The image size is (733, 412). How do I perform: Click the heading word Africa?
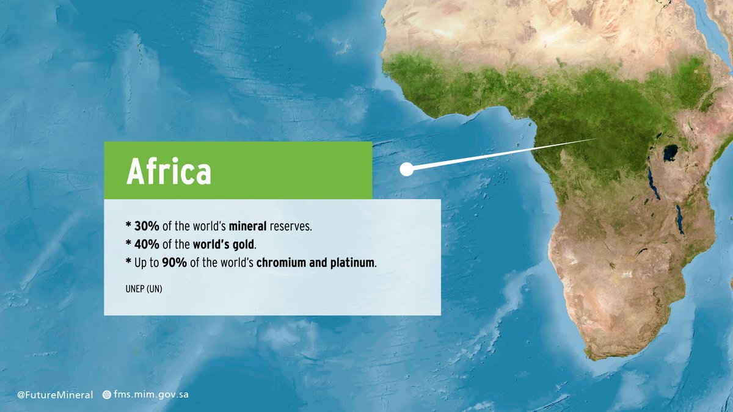coord(169,172)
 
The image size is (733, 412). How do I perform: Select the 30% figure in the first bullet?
coord(147,226)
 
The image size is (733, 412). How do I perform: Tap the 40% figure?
coord(147,245)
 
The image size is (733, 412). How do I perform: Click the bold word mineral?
coord(247,226)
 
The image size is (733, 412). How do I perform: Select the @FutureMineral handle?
coord(55,395)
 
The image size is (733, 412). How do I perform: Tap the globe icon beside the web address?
coord(107,395)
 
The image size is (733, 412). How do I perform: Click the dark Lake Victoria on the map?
coord(671,152)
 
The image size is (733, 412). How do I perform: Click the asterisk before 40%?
coord(128,244)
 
